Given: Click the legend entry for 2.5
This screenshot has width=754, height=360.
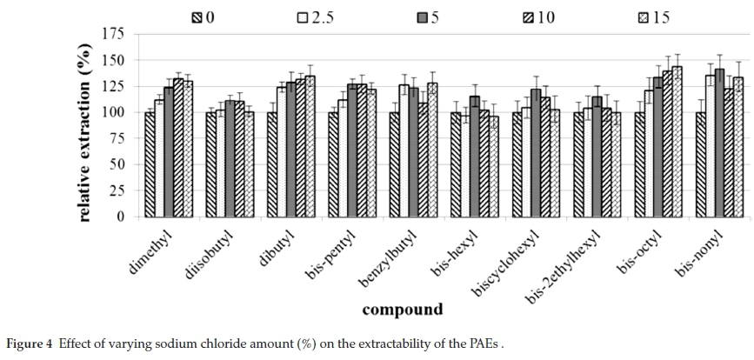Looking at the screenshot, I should pyautogui.click(x=315, y=17).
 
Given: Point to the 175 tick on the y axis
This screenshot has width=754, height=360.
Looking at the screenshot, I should pyautogui.click(x=114, y=34).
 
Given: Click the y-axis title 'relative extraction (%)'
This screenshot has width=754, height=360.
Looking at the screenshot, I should pyautogui.click(x=84, y=124).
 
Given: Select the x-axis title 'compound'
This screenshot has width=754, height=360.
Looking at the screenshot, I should pyautogui.click(x=402, y=310).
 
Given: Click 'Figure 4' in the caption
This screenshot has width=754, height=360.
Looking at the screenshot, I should pyautogui.click(x=30, y=344).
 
